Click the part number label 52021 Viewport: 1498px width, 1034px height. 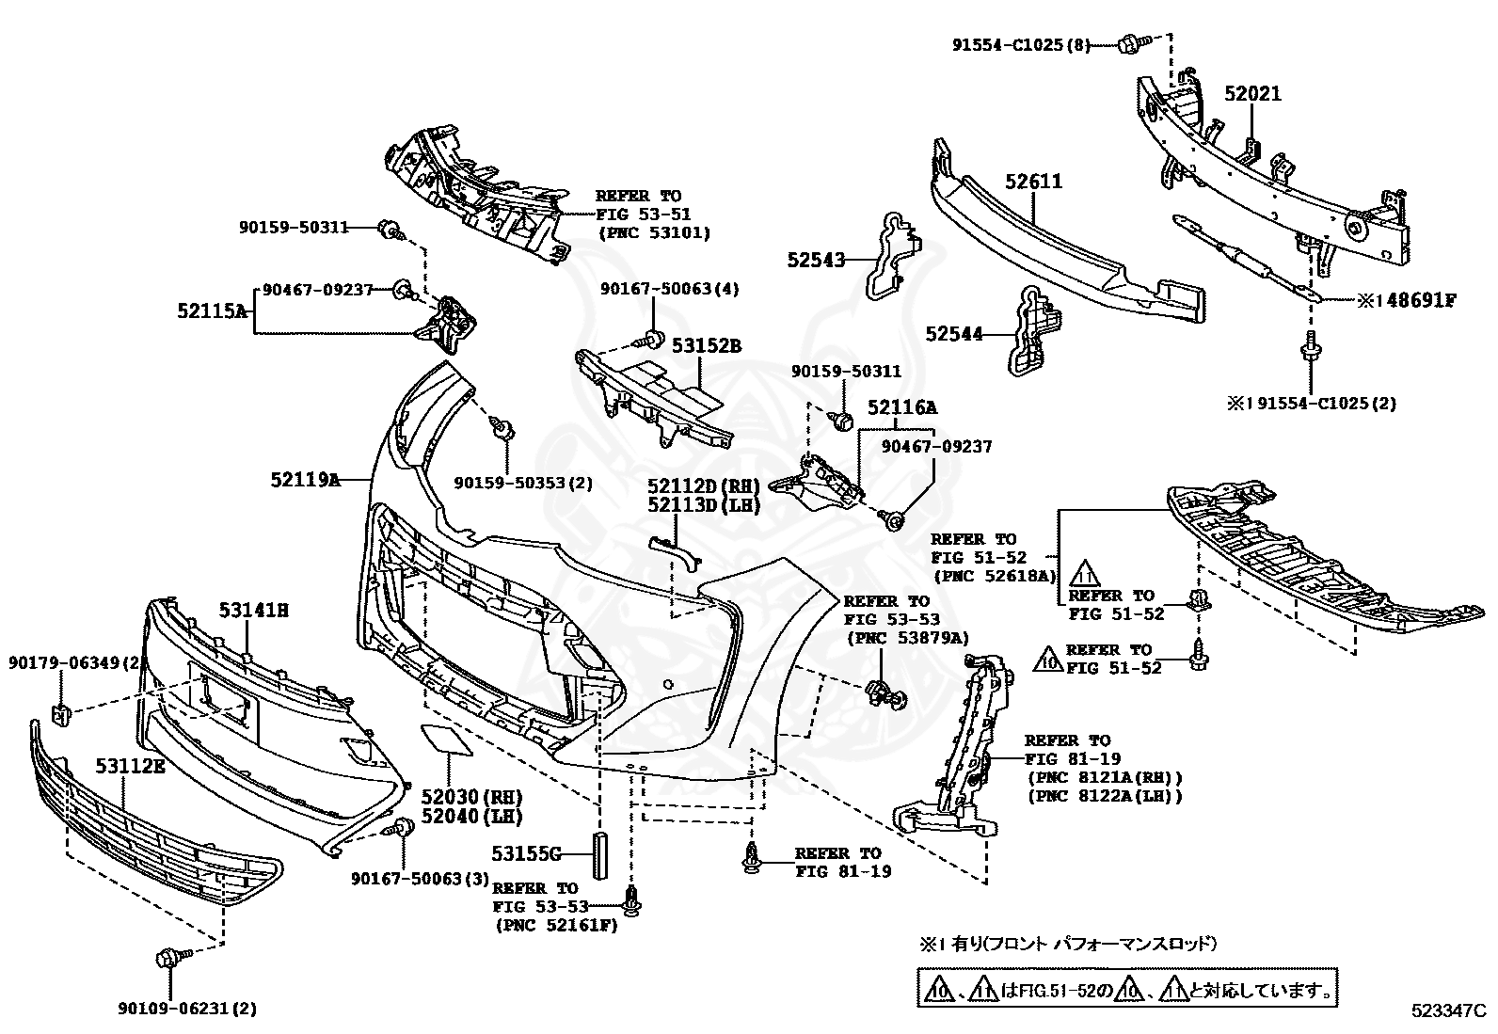point(1252,94)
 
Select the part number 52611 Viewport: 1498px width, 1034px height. point(1033,181)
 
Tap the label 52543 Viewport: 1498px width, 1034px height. point(816,260)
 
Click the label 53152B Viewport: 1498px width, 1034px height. point(706,347)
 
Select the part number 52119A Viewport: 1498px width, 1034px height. point(304,480)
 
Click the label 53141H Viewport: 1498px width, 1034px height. point(253,610)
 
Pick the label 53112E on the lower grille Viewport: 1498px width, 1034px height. point(130,766)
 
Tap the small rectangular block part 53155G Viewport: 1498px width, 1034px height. point(599,853)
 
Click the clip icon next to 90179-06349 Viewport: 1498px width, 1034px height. point(59,713)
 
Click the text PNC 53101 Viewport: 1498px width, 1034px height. point(654,232)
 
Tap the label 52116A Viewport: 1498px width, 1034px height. point(901,407)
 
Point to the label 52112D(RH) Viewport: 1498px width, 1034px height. point(703,486)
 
